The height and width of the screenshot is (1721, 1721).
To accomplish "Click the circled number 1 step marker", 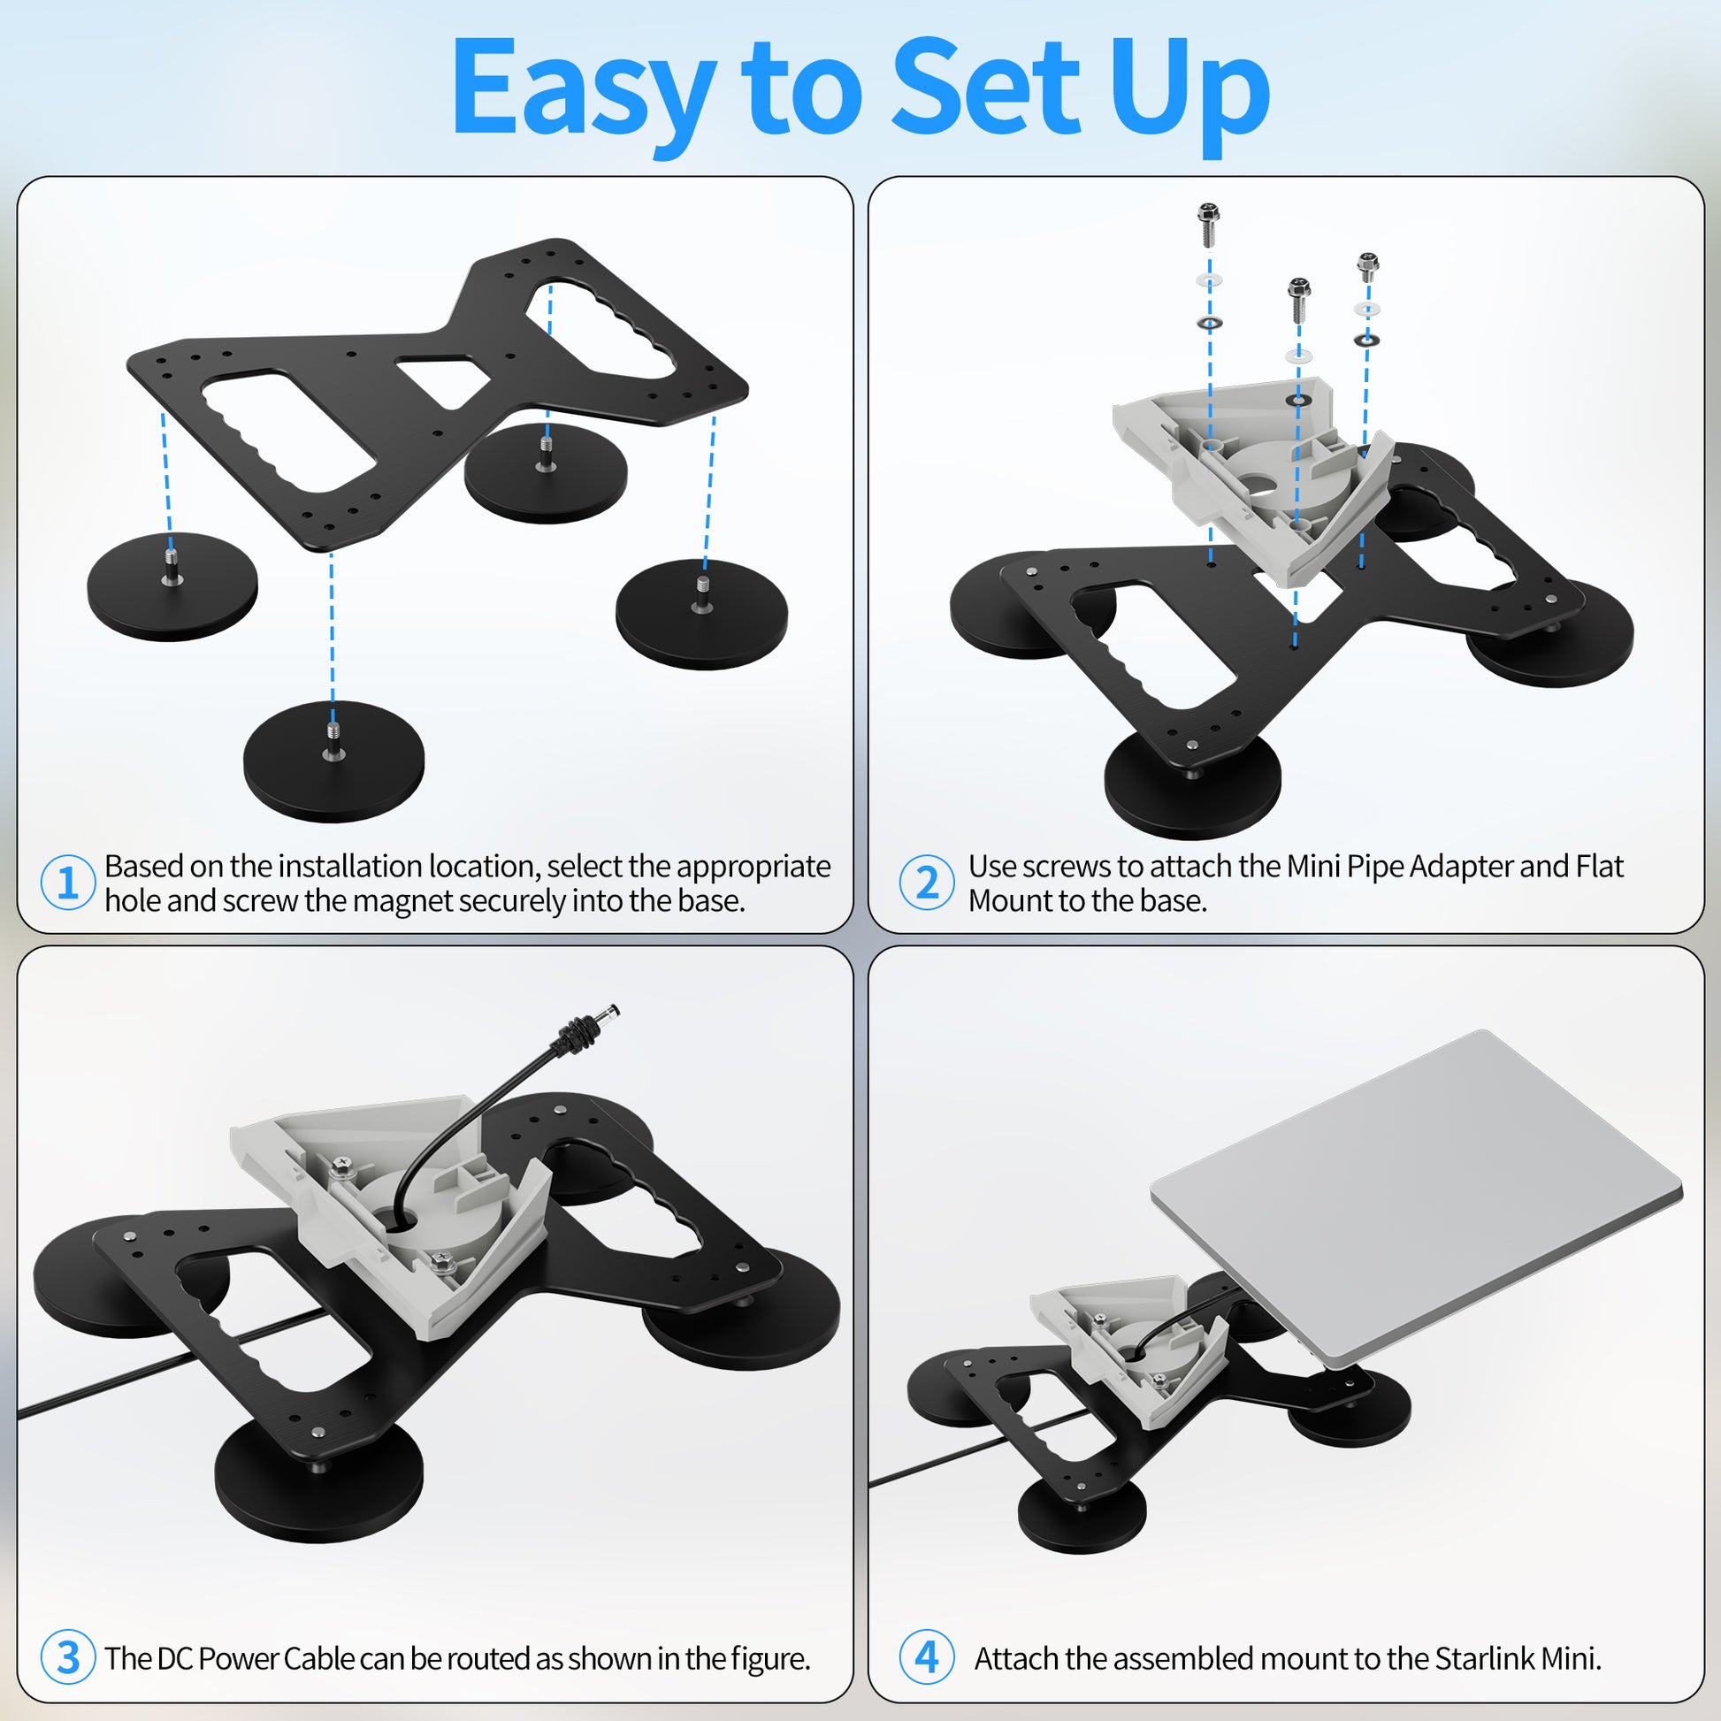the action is click(68, 882).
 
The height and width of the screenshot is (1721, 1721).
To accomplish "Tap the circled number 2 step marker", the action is click(927, 882).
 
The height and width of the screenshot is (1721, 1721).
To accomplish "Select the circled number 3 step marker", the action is click(68, 1656).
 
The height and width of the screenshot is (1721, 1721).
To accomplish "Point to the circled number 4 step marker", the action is click(927, 1656).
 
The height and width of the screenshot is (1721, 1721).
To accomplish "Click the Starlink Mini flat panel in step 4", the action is click(1416, 1197).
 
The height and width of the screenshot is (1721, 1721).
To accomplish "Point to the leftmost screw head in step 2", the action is click(1208, 215).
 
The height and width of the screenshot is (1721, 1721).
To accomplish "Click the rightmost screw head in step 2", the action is click(1367, 264).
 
